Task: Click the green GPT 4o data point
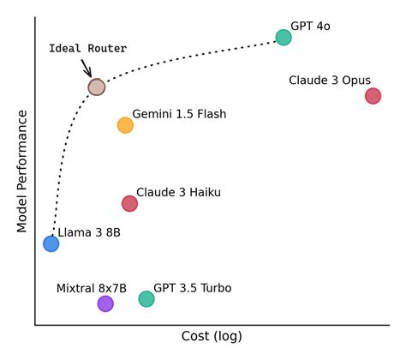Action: pyautogui.click(x=284, y=37)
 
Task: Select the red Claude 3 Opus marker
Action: pyautogui.click(x=373, y=96)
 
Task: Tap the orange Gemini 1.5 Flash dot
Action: pyautogui.click(x=125, y=125)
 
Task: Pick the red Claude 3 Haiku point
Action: pyautogui.click(x=129, y=203)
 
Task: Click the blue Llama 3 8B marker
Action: pyautogui.click(x=51, y=243)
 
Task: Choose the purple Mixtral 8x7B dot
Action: pyautogui.click(x=105, y=303)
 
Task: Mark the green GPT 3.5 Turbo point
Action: pyautogui.click(x=146, y=299)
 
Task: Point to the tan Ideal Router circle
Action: pyautogui.click(x=97, y=87)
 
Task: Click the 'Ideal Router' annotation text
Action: pyautogui.click(x=87, y=49)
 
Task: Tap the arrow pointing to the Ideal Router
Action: pyautogui.click(x=87, y=68)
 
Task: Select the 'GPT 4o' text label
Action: pyautogui.click(x=310, y=27)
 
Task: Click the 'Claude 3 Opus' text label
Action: pyautogui.click(x=330, y=81)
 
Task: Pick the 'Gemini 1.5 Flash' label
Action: pyautogui.click(x=179, y=114)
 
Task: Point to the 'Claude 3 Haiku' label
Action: pyautogui.click(x=178, y=193)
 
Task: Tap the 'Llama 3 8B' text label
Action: pyautogui.click(x=89, y=233)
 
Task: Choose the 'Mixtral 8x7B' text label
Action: pyautogui.click(x=92, y=288)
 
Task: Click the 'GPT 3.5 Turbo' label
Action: pyautogui.click(x=192, y=288)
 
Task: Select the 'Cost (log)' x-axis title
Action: pyautogui.click(x=212, y=336)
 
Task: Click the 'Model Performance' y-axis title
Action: pyautogui.click(x=23, y=171)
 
